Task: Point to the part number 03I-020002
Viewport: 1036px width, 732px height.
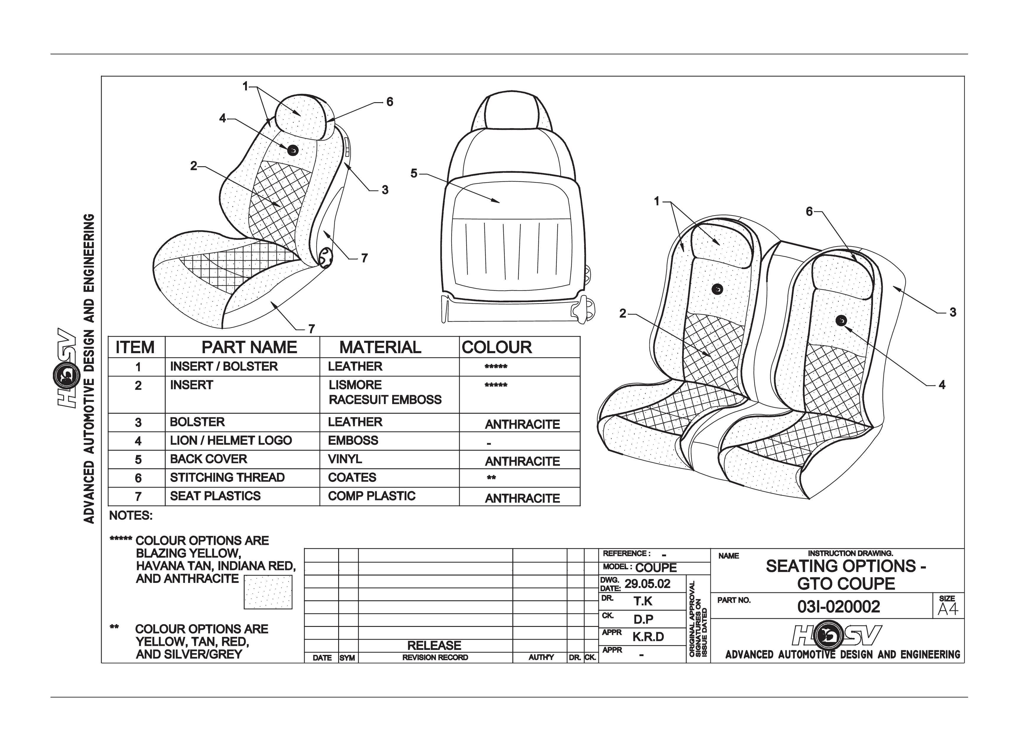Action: point(838,607)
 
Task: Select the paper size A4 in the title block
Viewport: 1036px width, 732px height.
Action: point(948,609)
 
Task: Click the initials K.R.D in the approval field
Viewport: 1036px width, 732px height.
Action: point(648,637)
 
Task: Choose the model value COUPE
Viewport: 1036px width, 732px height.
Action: point(656,568)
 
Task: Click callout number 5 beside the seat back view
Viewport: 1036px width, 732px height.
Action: point(414,174)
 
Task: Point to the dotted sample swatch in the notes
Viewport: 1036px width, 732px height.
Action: point(268,592)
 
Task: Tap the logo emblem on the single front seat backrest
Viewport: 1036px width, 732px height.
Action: point(292,150)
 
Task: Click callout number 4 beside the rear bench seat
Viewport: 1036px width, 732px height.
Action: point(942,385)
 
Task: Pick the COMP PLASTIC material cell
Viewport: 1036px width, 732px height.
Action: point(371,496)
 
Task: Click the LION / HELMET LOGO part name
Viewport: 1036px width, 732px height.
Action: point(231,440)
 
